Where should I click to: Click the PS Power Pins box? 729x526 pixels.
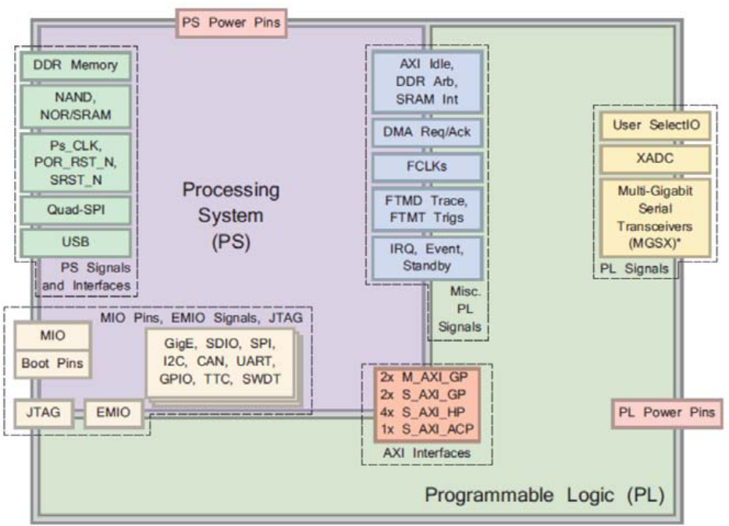[x=230, y=23]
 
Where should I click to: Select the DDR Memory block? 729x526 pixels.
[x=76, y=66]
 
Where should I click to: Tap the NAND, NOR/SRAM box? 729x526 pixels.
[x=76, y=107]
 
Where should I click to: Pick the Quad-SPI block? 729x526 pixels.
[x=76, y=210]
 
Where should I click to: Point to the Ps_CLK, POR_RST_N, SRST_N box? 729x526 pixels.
[x=76, y=162]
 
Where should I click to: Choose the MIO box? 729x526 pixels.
[x=53, y=336]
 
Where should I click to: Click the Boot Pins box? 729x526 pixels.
[x=53, y=363]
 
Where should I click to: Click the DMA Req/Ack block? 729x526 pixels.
[x=427, y=132]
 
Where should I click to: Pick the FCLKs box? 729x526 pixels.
[x=427, y=167]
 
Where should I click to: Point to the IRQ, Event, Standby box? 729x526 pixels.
[x=427, y=258]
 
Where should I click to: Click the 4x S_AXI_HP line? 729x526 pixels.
[x=426, y=413]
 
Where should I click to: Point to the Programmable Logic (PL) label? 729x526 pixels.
[x=544, y=495]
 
